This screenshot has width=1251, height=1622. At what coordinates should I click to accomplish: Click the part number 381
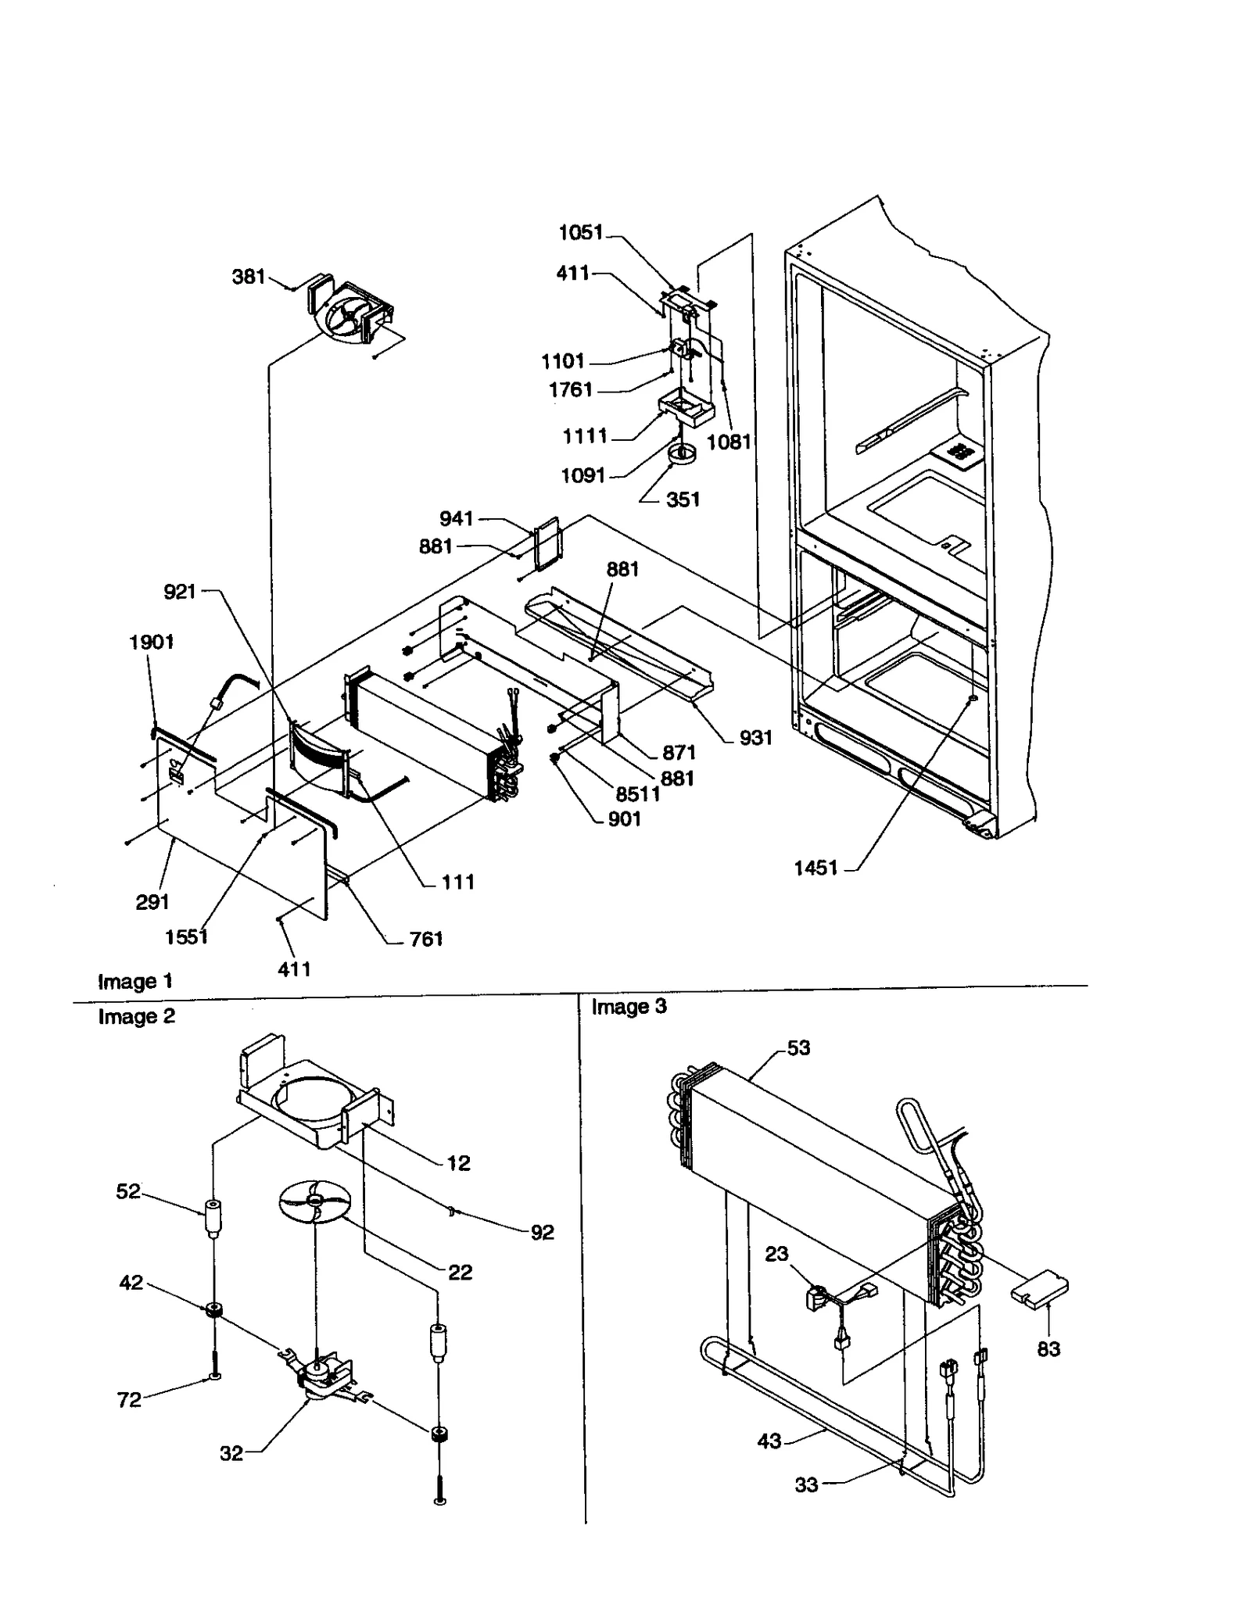249,277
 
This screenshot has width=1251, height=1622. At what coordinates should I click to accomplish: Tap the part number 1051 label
581,232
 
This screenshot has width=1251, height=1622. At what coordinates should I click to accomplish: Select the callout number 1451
815,868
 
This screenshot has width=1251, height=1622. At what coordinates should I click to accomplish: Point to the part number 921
179,592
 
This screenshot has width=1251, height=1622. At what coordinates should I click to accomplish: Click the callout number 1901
151,642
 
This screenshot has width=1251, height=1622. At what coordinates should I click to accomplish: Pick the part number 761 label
426,939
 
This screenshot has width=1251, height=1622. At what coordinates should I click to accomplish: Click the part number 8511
637,794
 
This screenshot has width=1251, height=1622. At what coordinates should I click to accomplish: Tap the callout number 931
755,737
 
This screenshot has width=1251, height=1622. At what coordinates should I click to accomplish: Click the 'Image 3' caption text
629,1007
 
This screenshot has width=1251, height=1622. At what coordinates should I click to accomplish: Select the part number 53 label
798,1048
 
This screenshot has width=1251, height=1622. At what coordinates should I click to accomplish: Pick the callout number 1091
582,475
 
